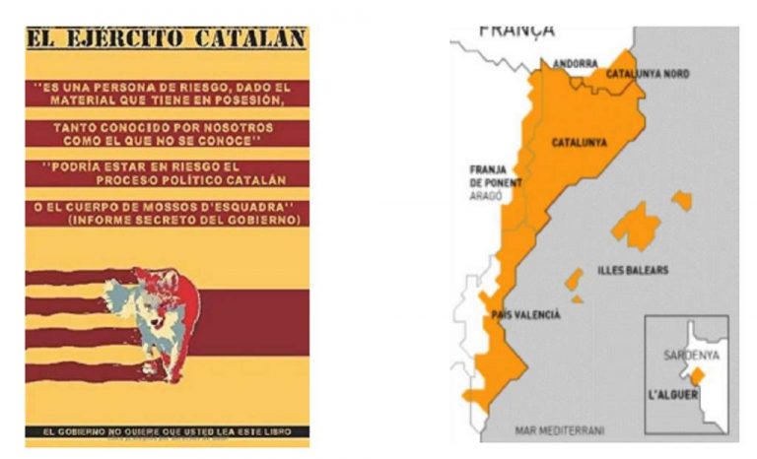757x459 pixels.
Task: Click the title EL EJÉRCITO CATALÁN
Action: point(166,39)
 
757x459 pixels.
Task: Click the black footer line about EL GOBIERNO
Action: point(166,431)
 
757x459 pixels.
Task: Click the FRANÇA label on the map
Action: point(516,30)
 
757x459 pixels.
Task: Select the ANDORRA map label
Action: point(575,63)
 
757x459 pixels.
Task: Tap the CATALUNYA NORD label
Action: point(647,74)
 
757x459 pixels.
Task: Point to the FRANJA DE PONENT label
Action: point(496,176)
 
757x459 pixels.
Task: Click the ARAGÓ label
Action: point(487,196)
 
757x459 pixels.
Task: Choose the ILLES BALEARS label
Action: point(634,270)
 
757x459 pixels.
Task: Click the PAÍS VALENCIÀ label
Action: point(525,314)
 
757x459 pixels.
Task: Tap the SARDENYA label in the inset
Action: point(691,354)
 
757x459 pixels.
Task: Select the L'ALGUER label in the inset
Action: point(677,395)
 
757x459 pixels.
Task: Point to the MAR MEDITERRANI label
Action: point(560,430)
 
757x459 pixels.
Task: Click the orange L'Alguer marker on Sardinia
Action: point(696,376)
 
